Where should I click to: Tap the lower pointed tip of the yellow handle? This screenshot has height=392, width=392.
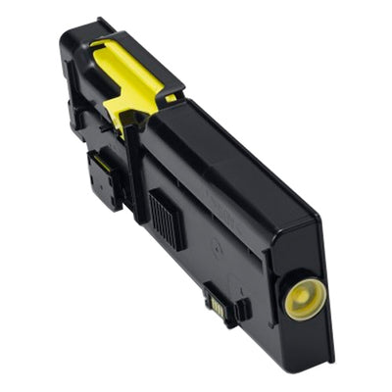pos(122,124)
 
